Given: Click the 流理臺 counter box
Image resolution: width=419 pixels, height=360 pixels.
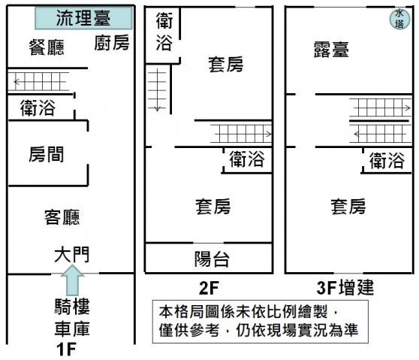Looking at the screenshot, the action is (x=83, y=18).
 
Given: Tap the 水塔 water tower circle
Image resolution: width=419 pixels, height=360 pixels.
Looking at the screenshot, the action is (x=399, y=19).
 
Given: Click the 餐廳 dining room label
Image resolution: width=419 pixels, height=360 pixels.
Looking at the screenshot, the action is (x=47, y=47).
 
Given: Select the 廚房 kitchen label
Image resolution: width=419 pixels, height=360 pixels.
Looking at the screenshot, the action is (x=112, y=43).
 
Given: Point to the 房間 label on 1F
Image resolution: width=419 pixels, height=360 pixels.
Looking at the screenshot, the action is (x=47, y=154).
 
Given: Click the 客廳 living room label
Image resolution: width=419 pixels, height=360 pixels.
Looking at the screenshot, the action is (x=62, y=216).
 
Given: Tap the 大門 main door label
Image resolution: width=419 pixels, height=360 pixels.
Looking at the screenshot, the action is (x=72, y=254).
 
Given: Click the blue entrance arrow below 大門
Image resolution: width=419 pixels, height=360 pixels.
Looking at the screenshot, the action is (x=72, y=280).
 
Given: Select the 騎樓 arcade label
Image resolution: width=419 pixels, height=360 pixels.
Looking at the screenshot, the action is (x=72, y=306).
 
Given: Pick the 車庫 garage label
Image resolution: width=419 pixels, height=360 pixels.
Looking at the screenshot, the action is (x=72, y=328).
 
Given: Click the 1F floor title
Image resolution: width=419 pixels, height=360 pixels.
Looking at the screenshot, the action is (x=66, y=349).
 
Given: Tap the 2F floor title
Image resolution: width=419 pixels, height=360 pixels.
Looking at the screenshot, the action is (x=209, y=288).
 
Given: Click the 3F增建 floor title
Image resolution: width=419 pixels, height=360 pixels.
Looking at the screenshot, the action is (x=345, y=288).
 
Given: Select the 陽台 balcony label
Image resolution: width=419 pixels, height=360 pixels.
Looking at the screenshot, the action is (x=212, y=259).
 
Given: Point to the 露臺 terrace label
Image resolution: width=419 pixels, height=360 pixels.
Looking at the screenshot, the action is (x=331, y=50).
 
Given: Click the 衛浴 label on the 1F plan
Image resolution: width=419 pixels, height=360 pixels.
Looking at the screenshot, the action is (x=38, y=107).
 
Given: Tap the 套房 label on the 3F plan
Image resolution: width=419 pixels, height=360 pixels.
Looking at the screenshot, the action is (x=348, y=207).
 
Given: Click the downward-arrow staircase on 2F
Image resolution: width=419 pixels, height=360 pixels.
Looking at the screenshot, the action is (x=158, y=90).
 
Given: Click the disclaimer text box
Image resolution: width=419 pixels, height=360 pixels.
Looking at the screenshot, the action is (x=261, y=322).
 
